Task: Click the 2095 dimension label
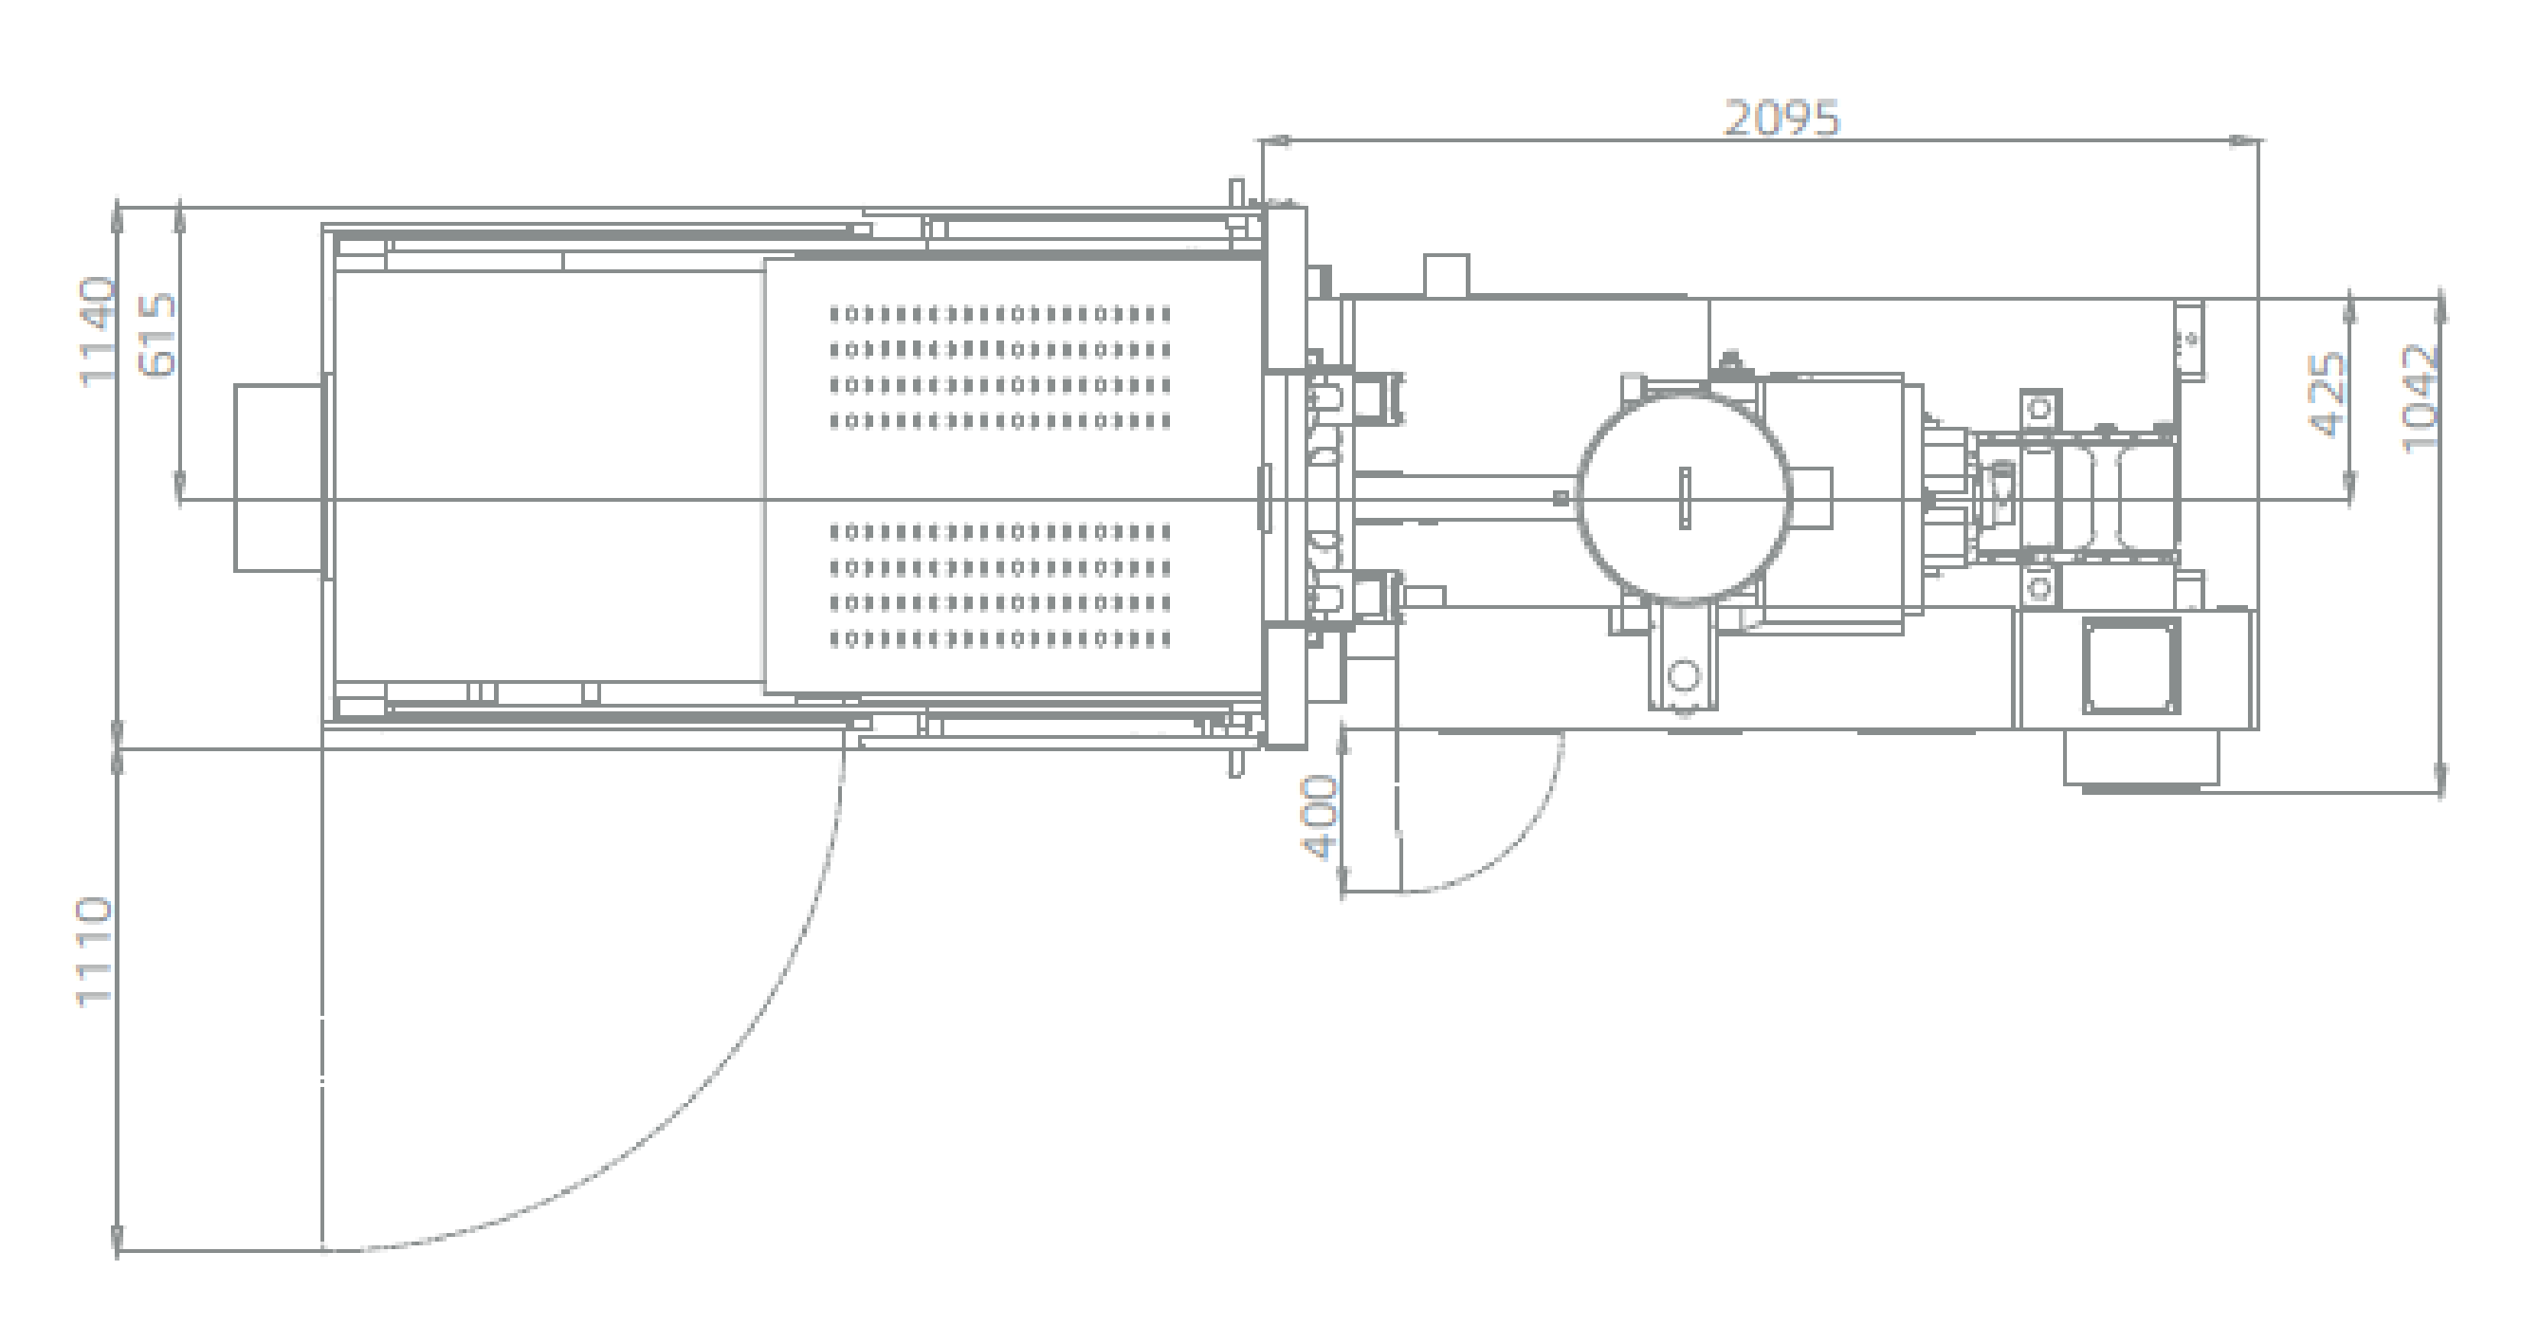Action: coord(1781,119)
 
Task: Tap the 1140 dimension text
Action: coord(99,332)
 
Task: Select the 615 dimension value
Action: coord(158,335)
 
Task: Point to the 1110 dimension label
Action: coord(96,950)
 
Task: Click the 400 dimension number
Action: coord(1319,819)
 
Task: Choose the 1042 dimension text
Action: coord(2421,397)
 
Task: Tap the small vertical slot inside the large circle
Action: coord(1684,498)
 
